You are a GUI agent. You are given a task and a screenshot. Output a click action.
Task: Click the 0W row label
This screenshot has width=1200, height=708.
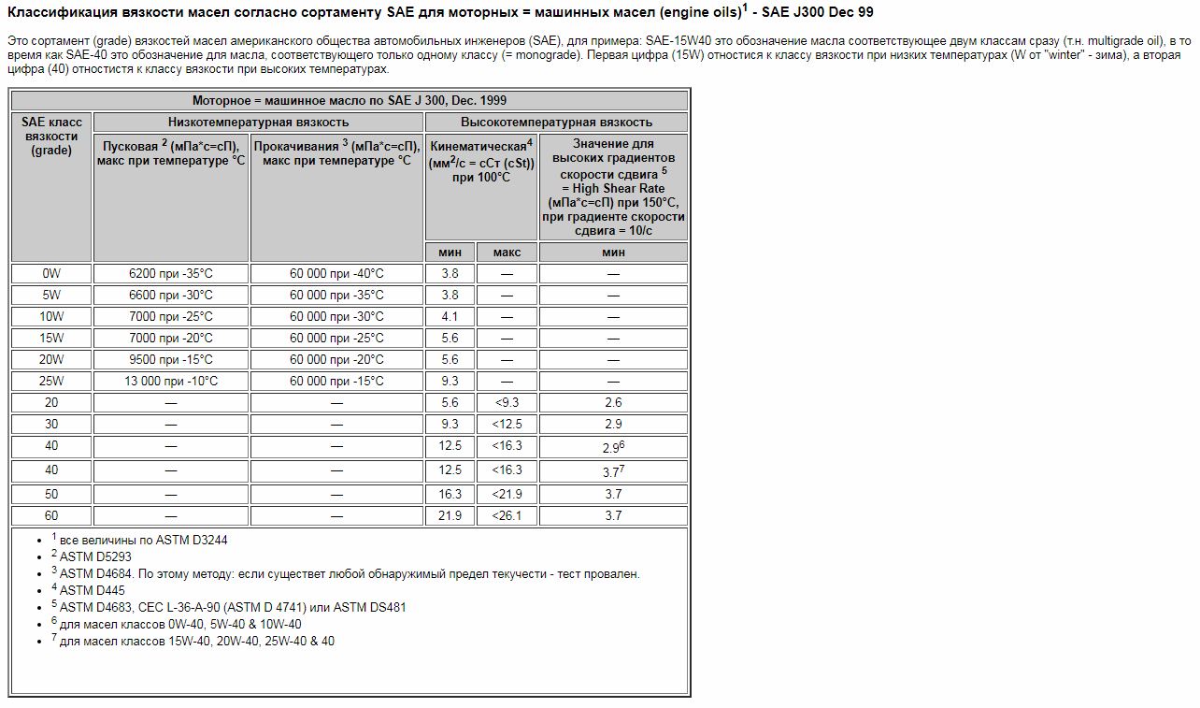(51, 273)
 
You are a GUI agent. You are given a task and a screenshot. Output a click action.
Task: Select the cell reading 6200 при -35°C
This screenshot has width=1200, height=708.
(171, 273)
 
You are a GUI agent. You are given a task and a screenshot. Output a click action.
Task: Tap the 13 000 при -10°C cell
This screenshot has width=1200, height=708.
(171, 381)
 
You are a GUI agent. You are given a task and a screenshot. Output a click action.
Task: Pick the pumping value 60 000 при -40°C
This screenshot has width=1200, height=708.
(336, 273)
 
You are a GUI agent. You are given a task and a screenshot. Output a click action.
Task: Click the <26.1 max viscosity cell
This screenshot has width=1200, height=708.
(507, 515)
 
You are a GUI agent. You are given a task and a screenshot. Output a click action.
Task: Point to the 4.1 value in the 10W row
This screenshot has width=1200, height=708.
(450, 316)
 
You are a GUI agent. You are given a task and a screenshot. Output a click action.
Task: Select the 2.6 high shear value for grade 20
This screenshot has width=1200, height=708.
(613, 402)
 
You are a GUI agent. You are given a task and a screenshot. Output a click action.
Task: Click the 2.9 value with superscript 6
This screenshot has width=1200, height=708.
(613, 447)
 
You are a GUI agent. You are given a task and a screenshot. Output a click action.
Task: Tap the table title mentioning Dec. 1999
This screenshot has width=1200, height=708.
(350, 100)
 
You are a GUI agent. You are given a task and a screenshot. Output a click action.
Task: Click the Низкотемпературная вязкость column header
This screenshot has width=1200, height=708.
(258, 122)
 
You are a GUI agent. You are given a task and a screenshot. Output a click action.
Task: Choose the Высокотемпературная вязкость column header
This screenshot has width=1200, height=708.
(556, 122)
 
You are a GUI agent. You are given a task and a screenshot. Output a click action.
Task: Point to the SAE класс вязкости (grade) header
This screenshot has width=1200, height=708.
(51, 136)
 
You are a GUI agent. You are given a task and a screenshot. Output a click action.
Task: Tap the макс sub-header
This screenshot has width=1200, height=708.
(507, 252)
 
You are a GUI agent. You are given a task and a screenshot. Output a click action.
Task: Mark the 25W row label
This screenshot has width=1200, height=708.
(51, 381)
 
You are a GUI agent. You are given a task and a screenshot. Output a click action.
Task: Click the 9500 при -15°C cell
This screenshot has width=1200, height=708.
(171, 359)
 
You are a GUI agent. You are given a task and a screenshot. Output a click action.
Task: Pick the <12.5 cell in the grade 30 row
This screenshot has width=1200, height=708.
(507, 424)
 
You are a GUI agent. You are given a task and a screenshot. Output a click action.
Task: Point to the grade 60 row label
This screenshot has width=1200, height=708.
(51, 515)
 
